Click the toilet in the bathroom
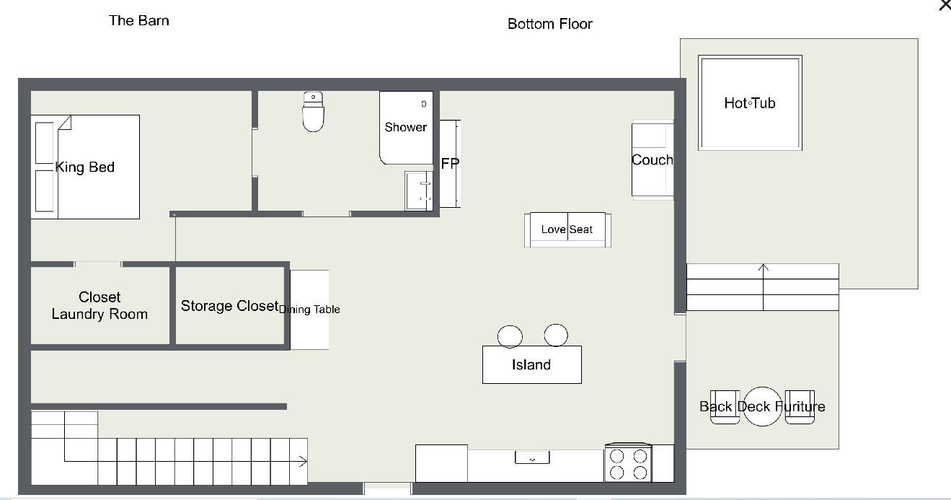point(314,112)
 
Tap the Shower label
point(405,127)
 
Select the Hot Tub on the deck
point(750,102)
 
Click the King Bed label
point(85,167)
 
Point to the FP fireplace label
point(450,164)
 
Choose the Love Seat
point(567,229)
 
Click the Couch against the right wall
point(653,159)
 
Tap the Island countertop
point(532,364)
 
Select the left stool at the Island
point(510,336)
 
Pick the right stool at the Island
point(556,335)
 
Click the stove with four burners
point(628,463)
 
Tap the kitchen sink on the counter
point(532,457)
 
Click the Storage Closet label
point(230,306)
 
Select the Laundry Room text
point(99,314)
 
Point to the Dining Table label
point(309,310)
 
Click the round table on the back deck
point(763,406)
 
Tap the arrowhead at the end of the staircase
point(303,461)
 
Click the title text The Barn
point(139,20)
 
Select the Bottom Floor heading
point(550,24)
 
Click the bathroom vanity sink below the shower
point(419,190)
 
